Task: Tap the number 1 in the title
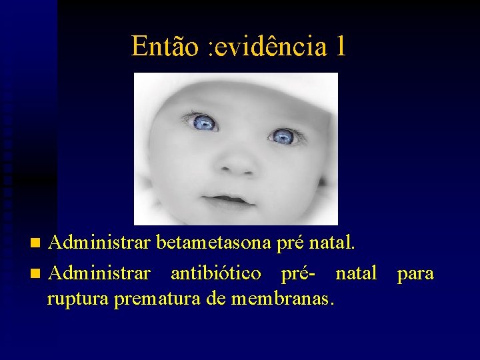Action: pos(341,46)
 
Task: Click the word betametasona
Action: pos(215,243)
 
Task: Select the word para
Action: pos(415,273)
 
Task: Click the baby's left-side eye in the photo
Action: pos(203,122)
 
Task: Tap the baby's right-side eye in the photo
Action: pos(283,137)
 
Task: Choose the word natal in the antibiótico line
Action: pos(356,273)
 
